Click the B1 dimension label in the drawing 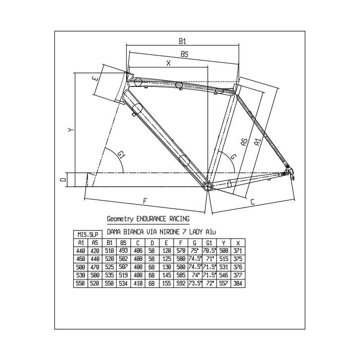183,41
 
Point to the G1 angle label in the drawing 121,155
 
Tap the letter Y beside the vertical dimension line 70,130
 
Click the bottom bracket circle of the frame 207,186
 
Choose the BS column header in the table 123,242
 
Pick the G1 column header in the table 210,242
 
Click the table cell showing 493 123,250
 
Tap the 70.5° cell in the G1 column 210,250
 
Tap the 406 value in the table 138,250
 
